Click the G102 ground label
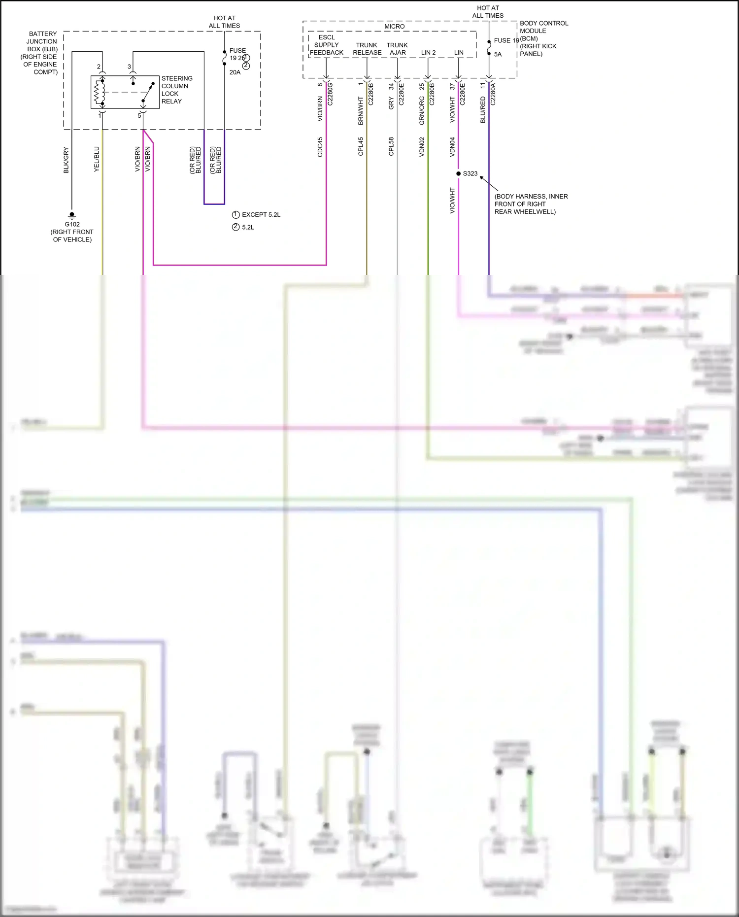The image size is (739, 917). click(72, 224)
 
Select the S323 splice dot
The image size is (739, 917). click(459, 173)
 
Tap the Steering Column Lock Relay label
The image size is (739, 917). click(176, 90)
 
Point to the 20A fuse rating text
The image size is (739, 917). click(235, 72)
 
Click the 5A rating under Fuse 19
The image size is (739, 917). click(498, 55)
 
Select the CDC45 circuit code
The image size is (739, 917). click(320, 147)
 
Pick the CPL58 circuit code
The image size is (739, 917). click(391, 147)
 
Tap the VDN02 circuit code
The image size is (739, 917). click(422, 147)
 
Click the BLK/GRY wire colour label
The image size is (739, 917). click(66, 160)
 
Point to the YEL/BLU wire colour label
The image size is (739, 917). click(97, 159)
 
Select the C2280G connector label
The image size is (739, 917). click(331, 94)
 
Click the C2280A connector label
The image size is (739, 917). click(493, 94)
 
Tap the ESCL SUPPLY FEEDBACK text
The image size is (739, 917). click(326, 45)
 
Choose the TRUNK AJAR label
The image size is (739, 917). click(397, 49)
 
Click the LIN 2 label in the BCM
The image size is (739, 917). click(428, 53)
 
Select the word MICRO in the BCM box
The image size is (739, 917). click(394, 27)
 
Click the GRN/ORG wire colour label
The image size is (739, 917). click(422, 110)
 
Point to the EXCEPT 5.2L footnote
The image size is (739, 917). click(261, 215)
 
